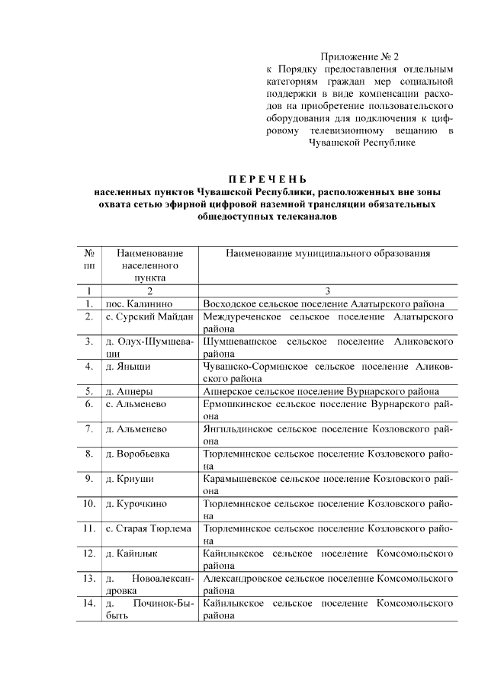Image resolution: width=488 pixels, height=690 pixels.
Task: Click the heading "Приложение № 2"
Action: click(x=359, y=56)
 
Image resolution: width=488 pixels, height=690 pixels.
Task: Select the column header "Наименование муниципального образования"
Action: click(x=327, y=252)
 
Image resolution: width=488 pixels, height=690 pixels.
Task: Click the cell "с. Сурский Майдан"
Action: click(x=149, y=316)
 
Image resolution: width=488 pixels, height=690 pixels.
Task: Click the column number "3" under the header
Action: click(x=327, y=290)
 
